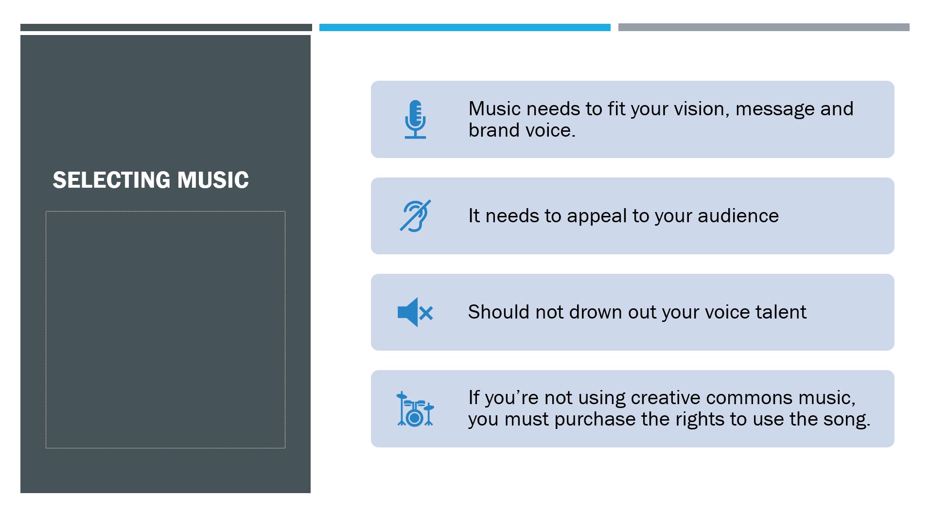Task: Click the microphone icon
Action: click(415, 119)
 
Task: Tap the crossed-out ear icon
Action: click(415, 216)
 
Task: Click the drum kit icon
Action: click(415, 409)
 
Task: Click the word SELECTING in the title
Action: click(111, 180)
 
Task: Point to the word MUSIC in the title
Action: click(213, 180)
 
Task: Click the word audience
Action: click(738, 216)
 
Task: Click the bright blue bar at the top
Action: click(465, 28)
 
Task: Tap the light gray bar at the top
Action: click(763, 28)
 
